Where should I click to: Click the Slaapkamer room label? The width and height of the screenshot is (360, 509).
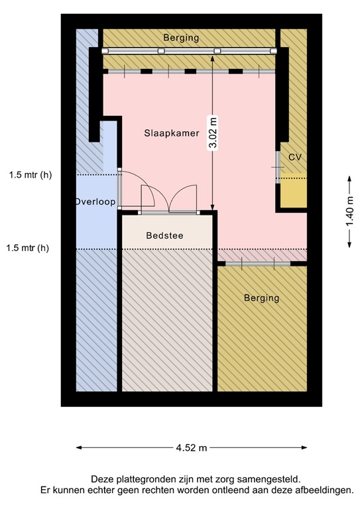tap(172, 133)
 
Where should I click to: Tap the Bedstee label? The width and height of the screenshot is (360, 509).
tap(164, 235)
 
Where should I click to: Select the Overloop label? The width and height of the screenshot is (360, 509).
tap(95, 201)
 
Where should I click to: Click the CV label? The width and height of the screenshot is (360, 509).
tap(295, 157)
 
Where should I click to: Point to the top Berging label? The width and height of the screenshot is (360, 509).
tap(182, 38)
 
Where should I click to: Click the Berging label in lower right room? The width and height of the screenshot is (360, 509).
tap(261, 298)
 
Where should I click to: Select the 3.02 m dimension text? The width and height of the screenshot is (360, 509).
tap(213, 134)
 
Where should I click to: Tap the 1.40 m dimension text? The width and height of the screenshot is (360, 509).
tap(349, 212)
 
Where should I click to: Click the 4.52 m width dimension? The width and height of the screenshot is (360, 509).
tap(191, 448)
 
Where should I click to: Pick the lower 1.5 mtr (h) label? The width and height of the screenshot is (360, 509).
tap(28, 249)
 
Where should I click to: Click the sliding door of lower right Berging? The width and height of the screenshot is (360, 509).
tap(257, 264)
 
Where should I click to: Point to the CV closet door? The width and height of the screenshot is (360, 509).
tap(278, 168)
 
